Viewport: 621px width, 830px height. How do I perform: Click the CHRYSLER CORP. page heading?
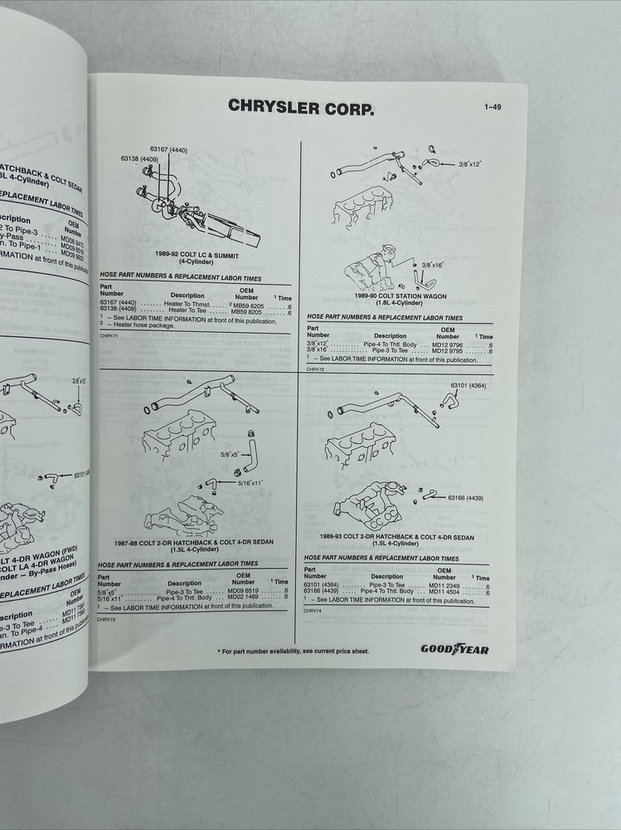coord(299,107)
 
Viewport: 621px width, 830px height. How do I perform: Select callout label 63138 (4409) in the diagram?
coord(138,158)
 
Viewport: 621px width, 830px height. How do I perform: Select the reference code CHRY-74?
coord(313,611)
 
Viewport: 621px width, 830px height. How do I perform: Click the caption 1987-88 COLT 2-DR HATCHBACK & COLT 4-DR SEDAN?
coord(197,543)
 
